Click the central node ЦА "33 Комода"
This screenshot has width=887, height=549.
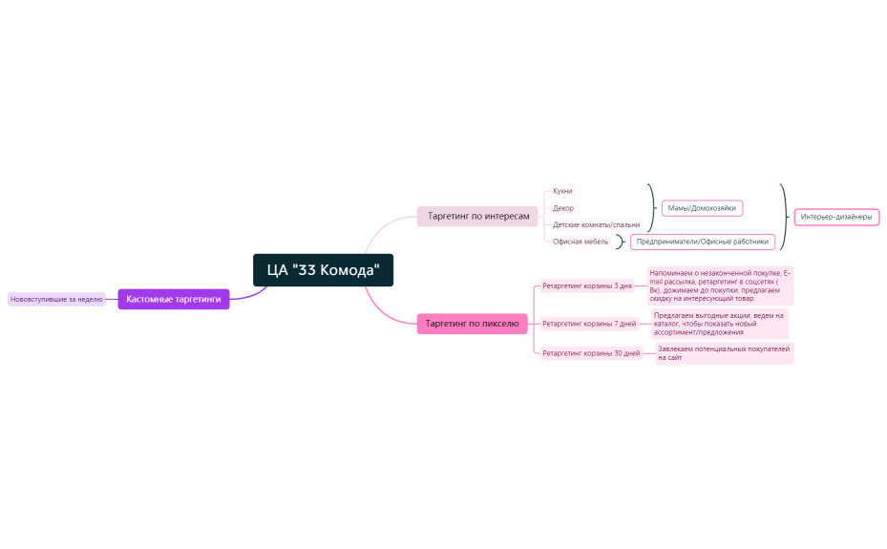click(x=323, y=269)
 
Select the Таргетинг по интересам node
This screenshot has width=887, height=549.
click(x=477, y=217)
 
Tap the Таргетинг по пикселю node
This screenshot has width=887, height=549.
click(x=472, y=324)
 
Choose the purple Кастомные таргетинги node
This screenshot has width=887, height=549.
click(x=174, y=299)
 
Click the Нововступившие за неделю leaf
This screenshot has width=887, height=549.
click(x=56, y=299)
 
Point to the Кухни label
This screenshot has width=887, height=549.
click(x=562, y=191)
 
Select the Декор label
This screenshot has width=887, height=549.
click(x=563, y=207)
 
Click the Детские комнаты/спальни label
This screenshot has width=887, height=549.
click(x=596, y=224)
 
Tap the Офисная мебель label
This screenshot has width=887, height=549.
click(x=581, y=242)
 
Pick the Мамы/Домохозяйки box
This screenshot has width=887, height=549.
click(x=702, y=207)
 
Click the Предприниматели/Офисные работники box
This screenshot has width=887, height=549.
click(x=702, y=242)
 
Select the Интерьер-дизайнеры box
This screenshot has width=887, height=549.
click(x=836, y=217)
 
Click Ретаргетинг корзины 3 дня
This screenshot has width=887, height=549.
click(x=587, y=285)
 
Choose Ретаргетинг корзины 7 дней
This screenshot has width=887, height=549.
click(x=589, y=324)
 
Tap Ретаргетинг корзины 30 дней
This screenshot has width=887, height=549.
click(x=591, y=353)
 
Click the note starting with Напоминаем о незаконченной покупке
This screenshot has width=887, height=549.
click(x=720, y=285)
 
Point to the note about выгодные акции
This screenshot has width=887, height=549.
click(x=719, y=324)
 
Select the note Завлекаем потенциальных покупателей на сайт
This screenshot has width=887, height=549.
click(x=724, y=353)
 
